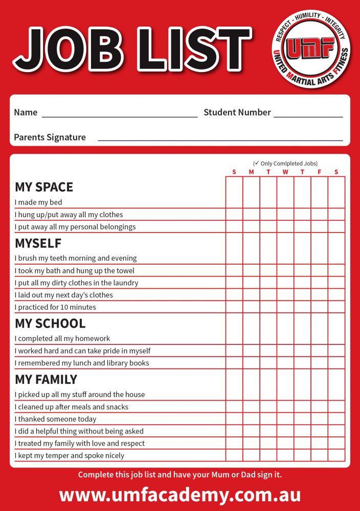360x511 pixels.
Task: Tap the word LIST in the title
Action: [194, 49]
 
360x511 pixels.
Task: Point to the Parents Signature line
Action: [220, 137]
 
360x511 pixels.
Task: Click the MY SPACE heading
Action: [44, 187]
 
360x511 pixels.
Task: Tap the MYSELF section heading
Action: [38, 243]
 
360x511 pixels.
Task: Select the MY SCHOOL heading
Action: [50, 323]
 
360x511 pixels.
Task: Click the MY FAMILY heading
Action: [46, 380]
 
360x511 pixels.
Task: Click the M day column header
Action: [251, 172]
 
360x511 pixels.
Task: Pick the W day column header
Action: [285, 172]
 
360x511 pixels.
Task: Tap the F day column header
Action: [320, 172]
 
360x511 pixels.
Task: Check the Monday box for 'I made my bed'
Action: [251, 202]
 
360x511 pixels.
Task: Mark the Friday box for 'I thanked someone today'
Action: [320, 419]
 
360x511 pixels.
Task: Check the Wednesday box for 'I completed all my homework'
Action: [285, 338]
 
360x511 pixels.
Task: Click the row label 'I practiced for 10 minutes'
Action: [55, 307]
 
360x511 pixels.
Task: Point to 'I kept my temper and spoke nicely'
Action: [70, 455]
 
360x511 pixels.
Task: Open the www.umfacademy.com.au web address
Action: [180, 495]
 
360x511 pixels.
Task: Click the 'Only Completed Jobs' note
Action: [285, 164]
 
